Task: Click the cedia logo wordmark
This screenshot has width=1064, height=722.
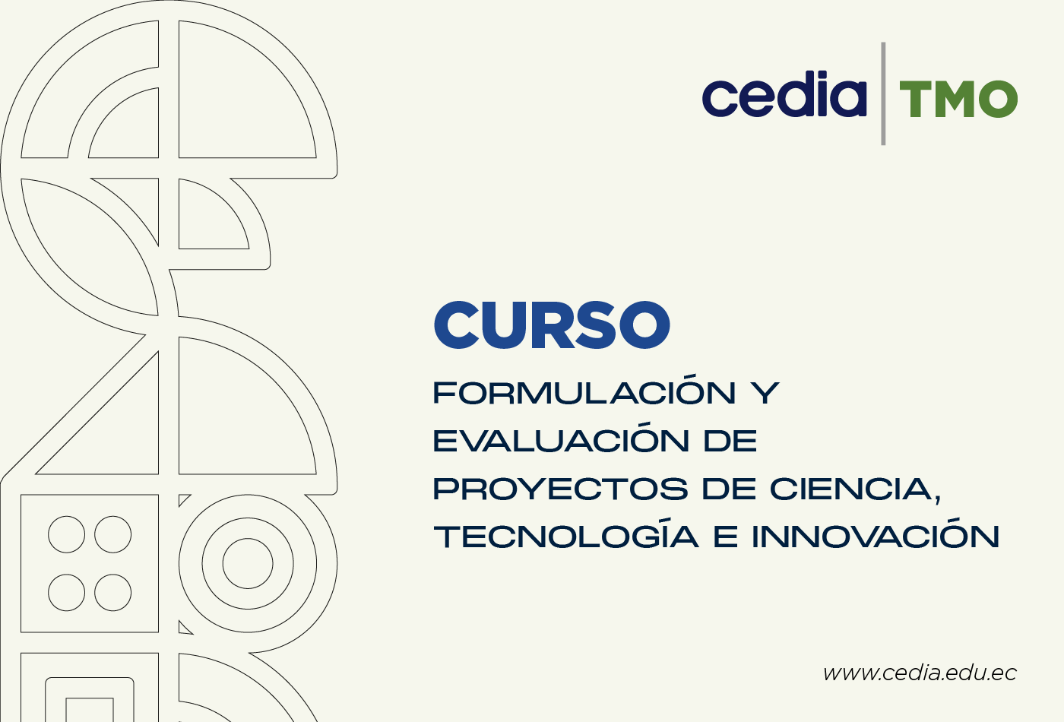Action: click(x=784, y=93)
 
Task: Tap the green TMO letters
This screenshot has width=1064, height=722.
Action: click(x=958, y=99)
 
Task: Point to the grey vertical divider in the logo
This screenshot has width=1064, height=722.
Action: click(x=883, y=93)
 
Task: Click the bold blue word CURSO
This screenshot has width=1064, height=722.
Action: click(x=552, y=325)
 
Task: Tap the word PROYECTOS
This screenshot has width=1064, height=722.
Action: click(x=561, y=489)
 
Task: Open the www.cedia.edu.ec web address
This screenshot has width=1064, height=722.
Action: click(x=920, y=673)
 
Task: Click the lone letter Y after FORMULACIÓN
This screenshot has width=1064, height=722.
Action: click(x=765, y=394)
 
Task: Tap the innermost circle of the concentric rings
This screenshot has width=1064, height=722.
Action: click(x=248, y=539)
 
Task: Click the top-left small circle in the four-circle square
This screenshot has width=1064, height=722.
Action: click(x=67, y=516)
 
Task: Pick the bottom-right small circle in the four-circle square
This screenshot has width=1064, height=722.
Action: click(x=112, y=611)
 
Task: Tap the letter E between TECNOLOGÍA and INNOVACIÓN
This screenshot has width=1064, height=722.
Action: click(x=726, y=537)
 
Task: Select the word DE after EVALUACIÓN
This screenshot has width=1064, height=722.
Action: click(x=730, y=441)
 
